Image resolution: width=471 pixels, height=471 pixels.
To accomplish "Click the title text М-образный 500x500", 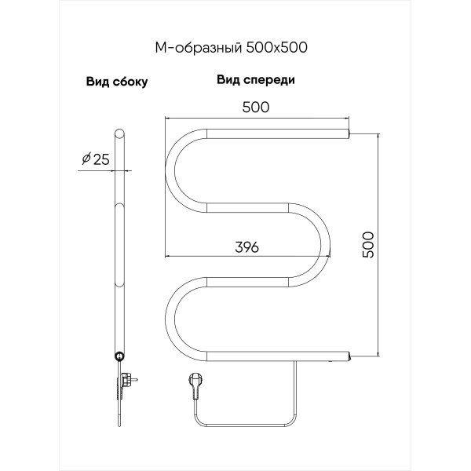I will coord(230,46).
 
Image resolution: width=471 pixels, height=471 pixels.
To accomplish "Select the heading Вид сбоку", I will coord(117,81).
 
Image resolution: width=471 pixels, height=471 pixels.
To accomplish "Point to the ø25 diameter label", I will coord(93,161).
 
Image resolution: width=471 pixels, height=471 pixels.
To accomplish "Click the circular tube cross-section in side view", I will coord(119,356).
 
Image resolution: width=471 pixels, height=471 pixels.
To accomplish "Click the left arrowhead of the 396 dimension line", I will coord(168,256).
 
